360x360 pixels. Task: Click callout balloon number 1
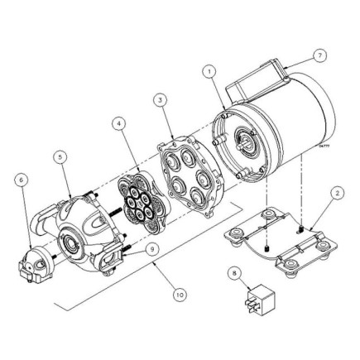pyautogui.click(x=209, y=73)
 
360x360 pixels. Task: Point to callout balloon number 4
pyautogui.click(x=121, y=125)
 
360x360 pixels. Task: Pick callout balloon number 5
pyautogui.click(x=60, y=155)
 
